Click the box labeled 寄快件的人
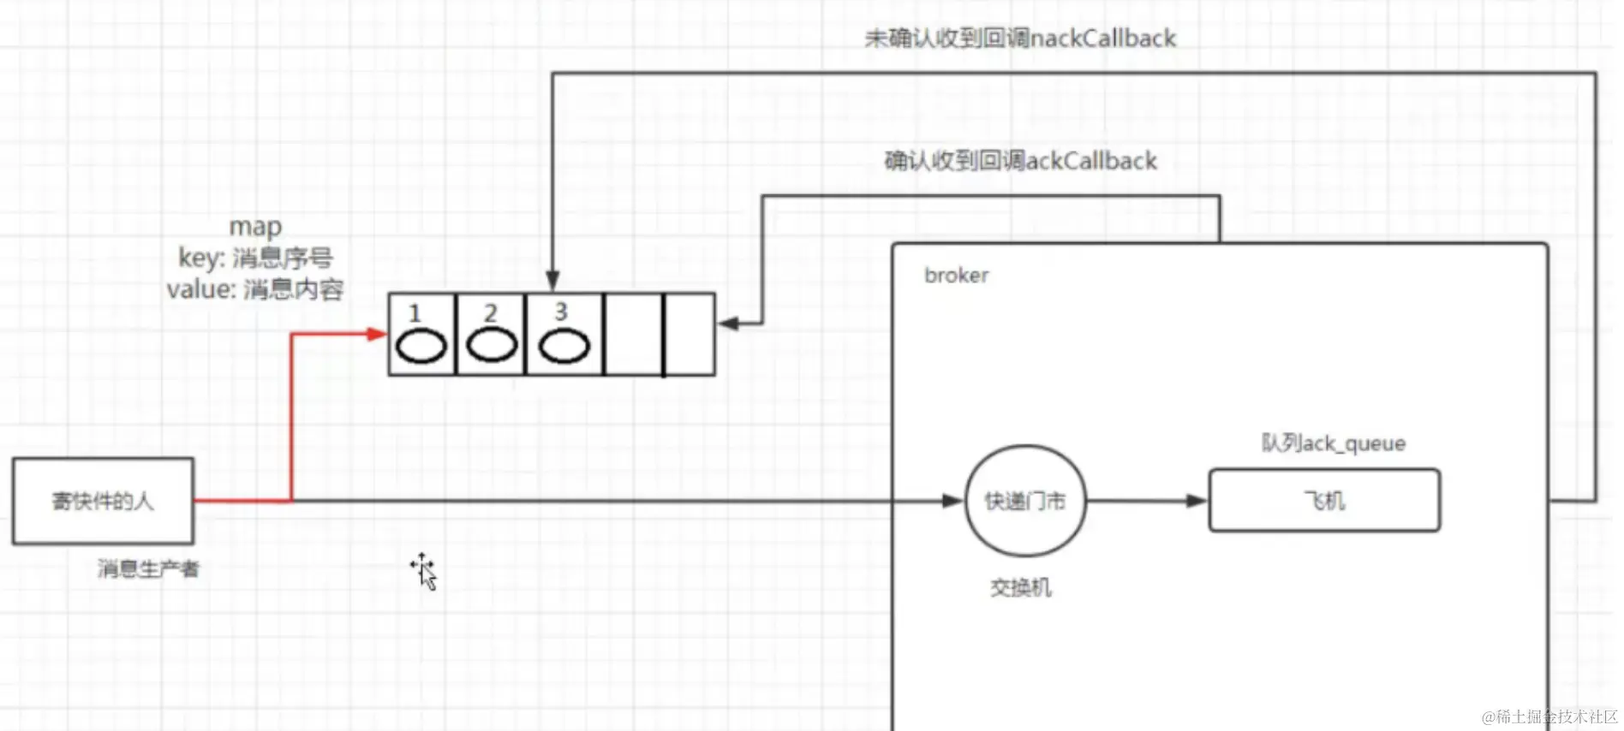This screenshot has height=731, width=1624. click(103, 501)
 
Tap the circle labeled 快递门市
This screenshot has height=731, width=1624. click(1025, 501)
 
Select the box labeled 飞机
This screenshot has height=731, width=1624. click(1324, 501)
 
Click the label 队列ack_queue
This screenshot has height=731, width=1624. click(1334, 443)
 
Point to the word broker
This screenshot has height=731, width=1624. click(956, 276)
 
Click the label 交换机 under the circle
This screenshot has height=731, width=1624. click(1020, 588)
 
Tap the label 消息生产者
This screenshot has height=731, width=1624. click(148, 569)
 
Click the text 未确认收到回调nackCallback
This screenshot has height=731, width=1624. click(1020, 39)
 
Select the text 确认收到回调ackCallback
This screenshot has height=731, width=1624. click(1020, 161)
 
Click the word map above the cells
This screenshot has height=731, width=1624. click(255, 227)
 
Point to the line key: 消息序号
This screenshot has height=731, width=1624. click(255, 258)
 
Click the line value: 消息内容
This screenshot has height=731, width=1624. click(255, 289)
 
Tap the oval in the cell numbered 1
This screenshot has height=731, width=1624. click(421, 347)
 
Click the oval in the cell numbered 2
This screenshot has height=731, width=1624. click(492, 346)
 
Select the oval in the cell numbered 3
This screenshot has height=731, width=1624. click(564, 347)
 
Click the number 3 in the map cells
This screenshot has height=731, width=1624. click(561, 312)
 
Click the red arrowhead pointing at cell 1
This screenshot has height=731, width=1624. click(377, 334)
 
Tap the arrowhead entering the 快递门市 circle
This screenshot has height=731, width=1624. click(952, 501)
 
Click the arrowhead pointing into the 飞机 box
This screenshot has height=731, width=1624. click(1197, 501)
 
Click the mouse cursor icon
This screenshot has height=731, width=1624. click(424, 571)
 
